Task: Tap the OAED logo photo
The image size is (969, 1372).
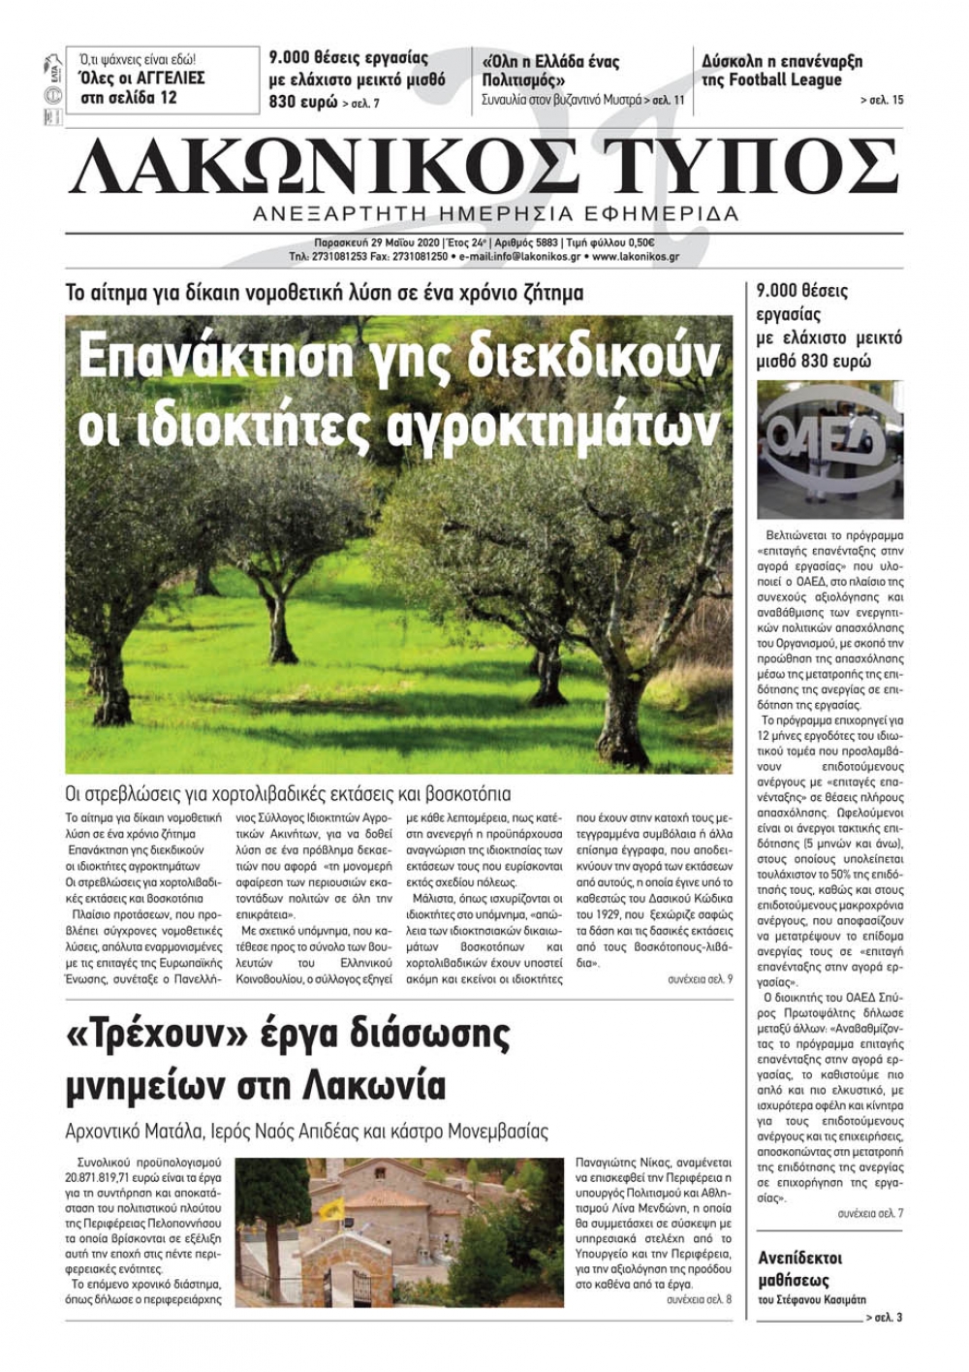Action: click(x=828, y=448)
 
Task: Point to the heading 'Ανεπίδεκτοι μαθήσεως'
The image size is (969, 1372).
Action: click(x=799, y=1268)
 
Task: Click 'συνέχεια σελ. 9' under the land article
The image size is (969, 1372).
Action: click(x=700, y=980)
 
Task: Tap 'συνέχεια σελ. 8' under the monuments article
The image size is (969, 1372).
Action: click(x=700, y=1299)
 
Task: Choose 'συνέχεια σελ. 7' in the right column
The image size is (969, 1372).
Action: click(x=870, y=1214)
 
